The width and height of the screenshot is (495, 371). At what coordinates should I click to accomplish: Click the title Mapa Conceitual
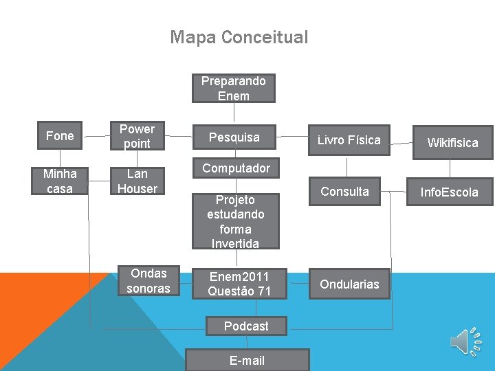click(239, 37)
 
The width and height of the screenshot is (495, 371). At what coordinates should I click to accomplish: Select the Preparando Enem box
click(234, 89)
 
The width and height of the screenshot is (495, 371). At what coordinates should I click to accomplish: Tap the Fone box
click(60, 136)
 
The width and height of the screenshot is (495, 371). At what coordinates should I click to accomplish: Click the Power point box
click(137, 136)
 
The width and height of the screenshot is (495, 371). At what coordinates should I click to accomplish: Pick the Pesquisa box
click(234, 137)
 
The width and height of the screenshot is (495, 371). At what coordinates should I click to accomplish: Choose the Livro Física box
click(349, 140)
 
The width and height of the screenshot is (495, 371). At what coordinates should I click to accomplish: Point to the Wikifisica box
click(452, 143)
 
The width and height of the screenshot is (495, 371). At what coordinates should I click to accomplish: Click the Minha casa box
click(60, 181)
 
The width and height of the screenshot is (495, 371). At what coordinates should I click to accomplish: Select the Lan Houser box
click(137, 181)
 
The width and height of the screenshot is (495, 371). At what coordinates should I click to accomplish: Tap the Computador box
click(236, 168)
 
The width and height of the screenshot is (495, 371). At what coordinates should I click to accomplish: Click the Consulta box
click(349, 192)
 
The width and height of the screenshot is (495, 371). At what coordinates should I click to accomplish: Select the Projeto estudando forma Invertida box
click(234, 221)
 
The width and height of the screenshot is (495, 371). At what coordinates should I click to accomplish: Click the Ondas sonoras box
click(148, 280)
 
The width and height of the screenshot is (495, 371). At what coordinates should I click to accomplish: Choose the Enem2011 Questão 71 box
click(239, 284)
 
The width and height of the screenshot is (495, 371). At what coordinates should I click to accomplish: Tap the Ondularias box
click(349, 284)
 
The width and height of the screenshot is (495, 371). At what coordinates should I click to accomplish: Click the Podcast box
click(246, 326)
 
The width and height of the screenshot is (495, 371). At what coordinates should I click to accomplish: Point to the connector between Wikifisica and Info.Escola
click(451, 169)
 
